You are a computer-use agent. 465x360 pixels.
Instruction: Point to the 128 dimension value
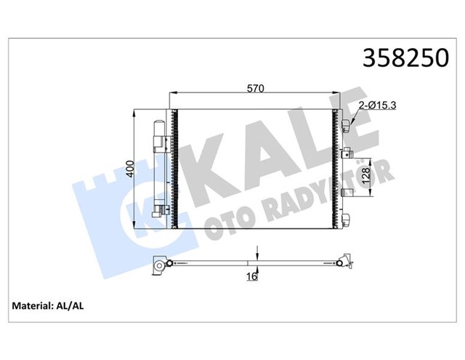pyautogui.click(x=368, y=175)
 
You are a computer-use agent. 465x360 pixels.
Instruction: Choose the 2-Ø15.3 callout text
pyautogui.click(x=377, y=107)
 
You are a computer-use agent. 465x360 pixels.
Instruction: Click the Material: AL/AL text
pyautogui.click(x=49, y=306)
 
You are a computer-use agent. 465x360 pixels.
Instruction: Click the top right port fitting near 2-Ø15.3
pyautogui.click(x=347, y=124)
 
